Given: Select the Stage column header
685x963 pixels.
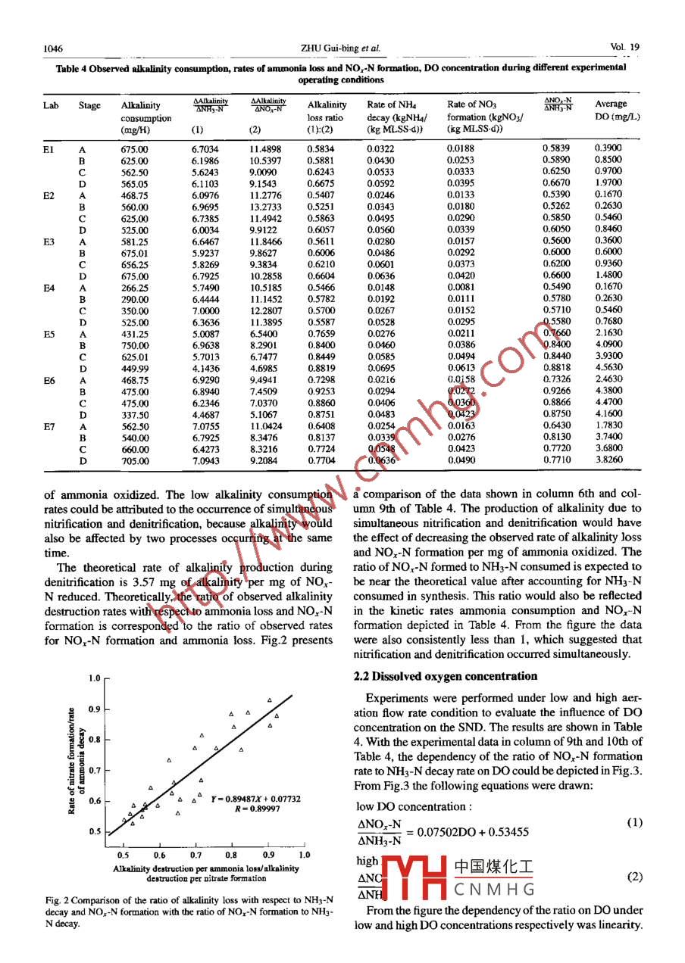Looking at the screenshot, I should click(89, 105).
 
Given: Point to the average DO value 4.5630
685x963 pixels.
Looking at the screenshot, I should click(608, 368).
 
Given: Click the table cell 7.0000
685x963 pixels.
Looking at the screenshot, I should click(205, 310).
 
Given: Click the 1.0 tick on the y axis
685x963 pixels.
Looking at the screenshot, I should click(94, 679).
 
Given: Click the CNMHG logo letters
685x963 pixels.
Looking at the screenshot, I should click(494, 889).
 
